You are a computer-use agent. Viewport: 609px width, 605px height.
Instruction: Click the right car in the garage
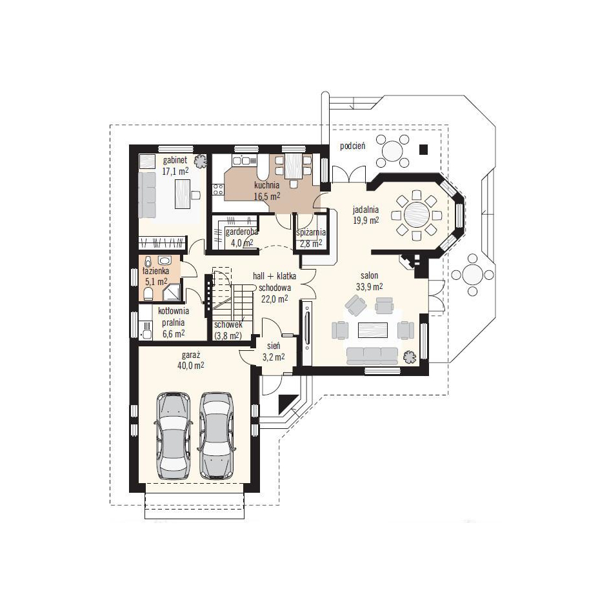(x=216, y=435)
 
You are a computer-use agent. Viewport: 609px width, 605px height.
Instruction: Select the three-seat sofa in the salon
(x=372, y=355)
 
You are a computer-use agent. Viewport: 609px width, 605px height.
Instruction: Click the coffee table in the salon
(x=372, y=331)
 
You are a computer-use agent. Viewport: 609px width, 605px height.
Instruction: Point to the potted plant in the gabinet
(x=201, y=161)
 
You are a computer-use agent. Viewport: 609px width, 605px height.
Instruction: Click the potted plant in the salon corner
(x=410, y=356)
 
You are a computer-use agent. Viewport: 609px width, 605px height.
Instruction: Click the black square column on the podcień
(x=423, y=149)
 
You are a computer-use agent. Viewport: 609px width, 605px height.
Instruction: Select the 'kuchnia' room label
(x=267, y=185)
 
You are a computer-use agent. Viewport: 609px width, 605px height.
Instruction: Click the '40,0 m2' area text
(x=191, y=366)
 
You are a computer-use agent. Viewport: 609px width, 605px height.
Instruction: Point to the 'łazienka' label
(x=155, y=271)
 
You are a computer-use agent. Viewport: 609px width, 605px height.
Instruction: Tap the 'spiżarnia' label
(x=311, y=233)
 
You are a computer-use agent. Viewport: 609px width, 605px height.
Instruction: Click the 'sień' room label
(x=274, y=346)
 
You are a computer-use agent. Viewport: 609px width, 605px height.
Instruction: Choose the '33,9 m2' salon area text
(x=370, y=286)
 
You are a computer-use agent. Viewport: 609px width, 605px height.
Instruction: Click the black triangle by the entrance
(x=288, y=404)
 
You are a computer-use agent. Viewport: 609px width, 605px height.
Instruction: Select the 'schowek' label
(x=228, y=324)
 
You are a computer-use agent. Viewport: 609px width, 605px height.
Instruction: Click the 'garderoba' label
(x=241, y=232)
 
